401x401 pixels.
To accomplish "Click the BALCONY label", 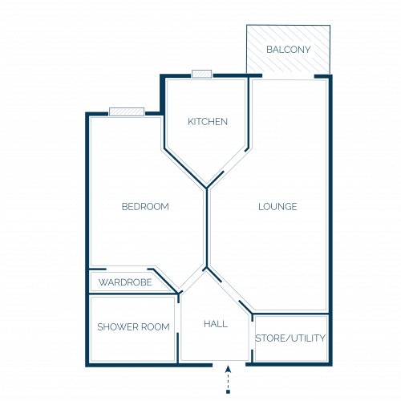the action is point(289,50).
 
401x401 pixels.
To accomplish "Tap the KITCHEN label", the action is point(208,122).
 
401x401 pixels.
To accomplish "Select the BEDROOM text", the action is point(145,207).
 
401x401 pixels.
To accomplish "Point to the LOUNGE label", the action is point(277,207).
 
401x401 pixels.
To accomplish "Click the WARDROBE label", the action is point(125,282).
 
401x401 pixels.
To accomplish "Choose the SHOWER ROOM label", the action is point(133,327).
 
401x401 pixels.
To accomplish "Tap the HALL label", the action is point(216,324).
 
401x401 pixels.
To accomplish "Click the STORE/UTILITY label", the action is point(290,338).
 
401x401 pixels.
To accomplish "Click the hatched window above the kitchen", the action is point(202,74).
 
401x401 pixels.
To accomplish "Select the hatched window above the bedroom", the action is point(127,111).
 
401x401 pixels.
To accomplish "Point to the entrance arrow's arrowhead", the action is point(228,369).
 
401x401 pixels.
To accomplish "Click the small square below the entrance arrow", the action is point(228,391).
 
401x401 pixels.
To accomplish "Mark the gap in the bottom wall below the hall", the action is point(229,364).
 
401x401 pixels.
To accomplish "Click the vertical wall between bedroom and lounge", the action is point(207,228).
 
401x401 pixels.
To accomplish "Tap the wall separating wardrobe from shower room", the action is point(134,294).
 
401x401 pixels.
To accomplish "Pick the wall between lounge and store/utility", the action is point(290,314).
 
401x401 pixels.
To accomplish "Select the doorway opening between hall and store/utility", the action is point(253,335).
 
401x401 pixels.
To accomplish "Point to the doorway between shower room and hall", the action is point(178,318).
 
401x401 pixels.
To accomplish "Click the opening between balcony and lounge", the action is point(288,76).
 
